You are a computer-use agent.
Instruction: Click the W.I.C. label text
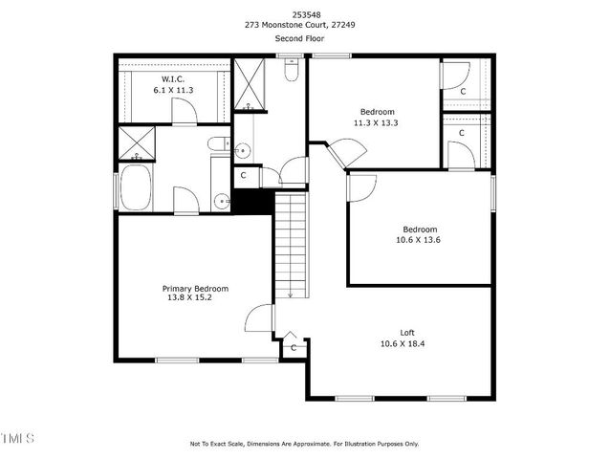(x=173, y=78)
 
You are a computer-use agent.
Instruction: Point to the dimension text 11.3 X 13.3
(x=377, y=122)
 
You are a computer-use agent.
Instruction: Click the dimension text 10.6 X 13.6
(x=420, y=241)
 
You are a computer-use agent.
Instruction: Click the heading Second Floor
(x=304, y=38)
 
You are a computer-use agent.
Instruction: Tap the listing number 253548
(x=304, y=14)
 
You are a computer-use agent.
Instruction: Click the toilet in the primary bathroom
(x=219, y=145)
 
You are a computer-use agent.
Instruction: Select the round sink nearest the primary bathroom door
(x=222, y=201)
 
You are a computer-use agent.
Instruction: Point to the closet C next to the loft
(x=294, y=348)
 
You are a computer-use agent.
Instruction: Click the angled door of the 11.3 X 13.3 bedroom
(x=335, y=153)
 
